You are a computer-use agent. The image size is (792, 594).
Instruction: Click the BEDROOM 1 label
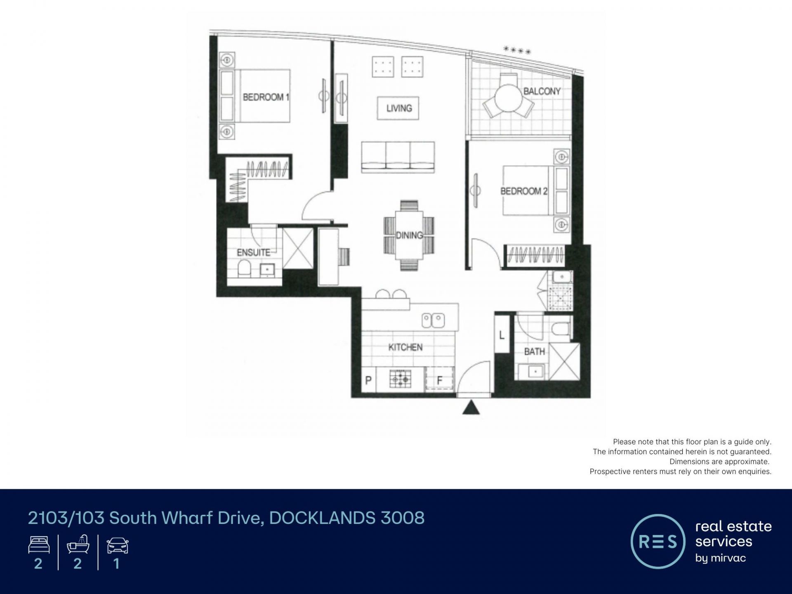pyautogui.click(x=266, y=97)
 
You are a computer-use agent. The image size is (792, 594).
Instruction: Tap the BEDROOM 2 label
pyautogui.click(x=524, y=191)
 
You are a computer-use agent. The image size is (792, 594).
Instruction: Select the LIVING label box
pyautogui.click(x=398, y=108)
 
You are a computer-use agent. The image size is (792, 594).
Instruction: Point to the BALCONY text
pyautogui.click(x=542, y=91)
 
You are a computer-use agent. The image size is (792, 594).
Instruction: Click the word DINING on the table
pyautogui.click(x=409, y=236)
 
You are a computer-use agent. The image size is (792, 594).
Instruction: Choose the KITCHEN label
pyautogui.click(x=405, y=347)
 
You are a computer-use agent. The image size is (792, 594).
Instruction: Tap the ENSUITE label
pyautogui.click(x=253, y=252)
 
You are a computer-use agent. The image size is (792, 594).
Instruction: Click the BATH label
pyautogui.click(x=535, y=352)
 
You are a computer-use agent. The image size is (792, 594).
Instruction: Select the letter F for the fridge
pyautogui.click(x=440, y=380)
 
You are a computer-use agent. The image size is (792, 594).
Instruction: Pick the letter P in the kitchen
pyautogui.click(x=369, y=380)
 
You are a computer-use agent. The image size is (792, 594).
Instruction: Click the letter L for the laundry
pyautogui.click(x=502, y=335)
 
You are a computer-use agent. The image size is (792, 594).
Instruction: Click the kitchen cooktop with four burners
pyautogui.click(x=401, y=379)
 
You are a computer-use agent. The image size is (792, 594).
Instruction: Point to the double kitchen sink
pyautogui.click(x=433, y=321)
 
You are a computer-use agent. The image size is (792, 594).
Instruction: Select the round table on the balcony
pyautogui.click(x=509, y=98)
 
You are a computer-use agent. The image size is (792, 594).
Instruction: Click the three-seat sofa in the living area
pyautogui.click(x=398, y=157)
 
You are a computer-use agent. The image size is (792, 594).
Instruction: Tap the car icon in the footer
pyautogui.click(x=118, y=545)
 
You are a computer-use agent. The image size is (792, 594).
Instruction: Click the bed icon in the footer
pyautogui.click(x=39, y=545)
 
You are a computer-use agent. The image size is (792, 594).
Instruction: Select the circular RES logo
pyautogui.click(x=658, y=542)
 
